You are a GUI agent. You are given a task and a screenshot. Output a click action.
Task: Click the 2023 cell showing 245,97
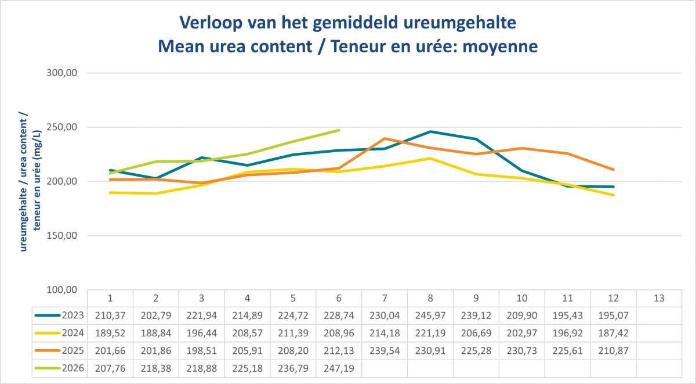click(x=430, y=315)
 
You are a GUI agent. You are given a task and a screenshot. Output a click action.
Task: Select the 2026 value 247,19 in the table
click(x=339, y=368)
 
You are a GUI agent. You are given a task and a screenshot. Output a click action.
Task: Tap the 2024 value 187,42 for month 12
click(x=614, y=333)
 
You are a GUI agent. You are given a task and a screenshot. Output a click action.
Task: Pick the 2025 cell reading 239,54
click(x=385, y=351)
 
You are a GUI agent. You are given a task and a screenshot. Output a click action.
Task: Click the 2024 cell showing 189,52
click(x=110, y=333)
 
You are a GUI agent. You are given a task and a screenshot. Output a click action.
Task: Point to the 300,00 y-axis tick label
click(x=62, y=73)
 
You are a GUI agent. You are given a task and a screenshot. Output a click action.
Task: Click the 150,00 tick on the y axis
click(x=62, y=235)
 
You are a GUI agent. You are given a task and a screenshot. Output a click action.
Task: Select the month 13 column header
click(x=659, y=299)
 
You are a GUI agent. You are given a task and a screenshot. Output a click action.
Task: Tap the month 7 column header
click(x=385, y=299)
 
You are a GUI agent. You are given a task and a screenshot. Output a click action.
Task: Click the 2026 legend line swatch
click(x=48, y=368)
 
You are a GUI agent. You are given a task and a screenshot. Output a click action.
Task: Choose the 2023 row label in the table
click(x=72, y=315)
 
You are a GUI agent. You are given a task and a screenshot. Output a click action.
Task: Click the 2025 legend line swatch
click(x=48, y=351)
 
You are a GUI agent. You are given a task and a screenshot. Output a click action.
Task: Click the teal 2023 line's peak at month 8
click(x=430, y=132)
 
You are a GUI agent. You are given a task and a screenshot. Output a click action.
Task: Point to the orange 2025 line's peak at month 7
click(x=385, y=138)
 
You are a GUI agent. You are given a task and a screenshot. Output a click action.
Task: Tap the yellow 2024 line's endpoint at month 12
click(x=614, y=195)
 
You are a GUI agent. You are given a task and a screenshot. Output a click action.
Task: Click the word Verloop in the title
click(x=211, y=23)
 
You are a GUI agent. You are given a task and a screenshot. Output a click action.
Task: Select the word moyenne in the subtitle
click(x=500, y=46)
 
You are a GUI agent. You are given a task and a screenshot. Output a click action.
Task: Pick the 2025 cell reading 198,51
click(x=202, y=351)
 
